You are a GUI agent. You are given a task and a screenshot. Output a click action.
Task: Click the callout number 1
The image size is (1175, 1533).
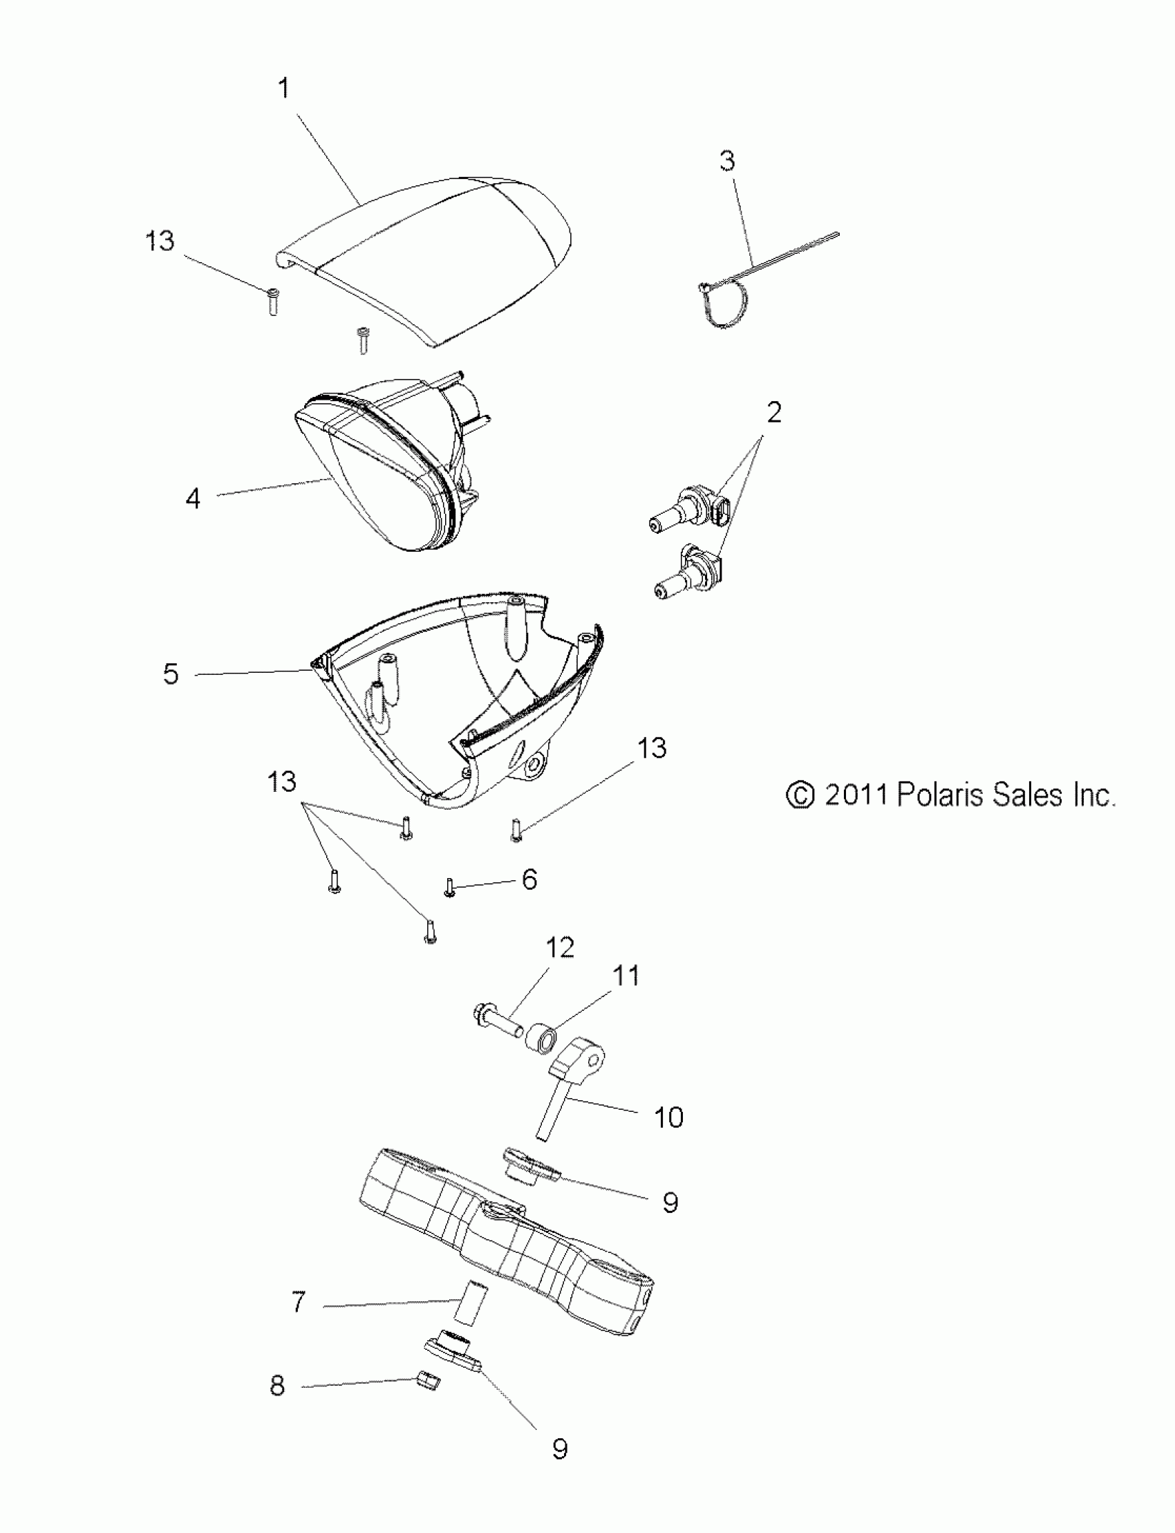coord(283,89)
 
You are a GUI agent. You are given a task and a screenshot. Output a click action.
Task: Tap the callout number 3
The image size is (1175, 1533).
coord(727,161)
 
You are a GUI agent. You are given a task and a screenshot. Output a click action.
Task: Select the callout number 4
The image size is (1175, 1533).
coord(193,499)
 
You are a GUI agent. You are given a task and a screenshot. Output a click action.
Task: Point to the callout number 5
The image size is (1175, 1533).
coord(171,673)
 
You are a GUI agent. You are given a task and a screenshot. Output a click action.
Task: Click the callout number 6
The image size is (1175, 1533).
coord(529,880)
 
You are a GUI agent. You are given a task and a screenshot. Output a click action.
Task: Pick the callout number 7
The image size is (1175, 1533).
coord(299,1302)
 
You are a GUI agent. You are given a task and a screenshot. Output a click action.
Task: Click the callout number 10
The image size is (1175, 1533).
coord(668,1117)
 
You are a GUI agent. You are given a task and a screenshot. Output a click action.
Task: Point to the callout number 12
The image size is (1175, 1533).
coord(560,947)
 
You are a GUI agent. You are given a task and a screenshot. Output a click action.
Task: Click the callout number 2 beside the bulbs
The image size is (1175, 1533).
coord(773,413)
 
